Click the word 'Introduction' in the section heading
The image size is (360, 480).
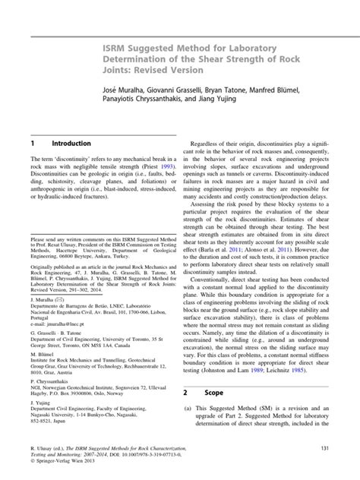[71, 144]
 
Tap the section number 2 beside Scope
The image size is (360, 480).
[186, 415]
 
